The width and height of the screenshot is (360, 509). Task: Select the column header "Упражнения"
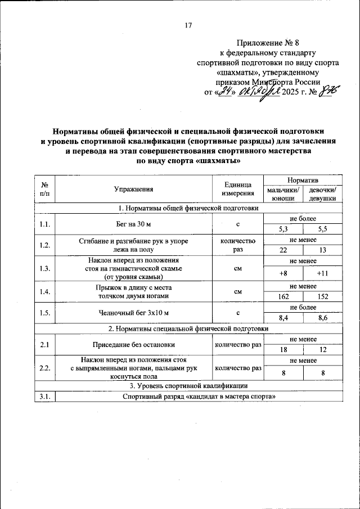[133, 189]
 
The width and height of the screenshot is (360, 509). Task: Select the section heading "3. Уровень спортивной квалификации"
[188, 386]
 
